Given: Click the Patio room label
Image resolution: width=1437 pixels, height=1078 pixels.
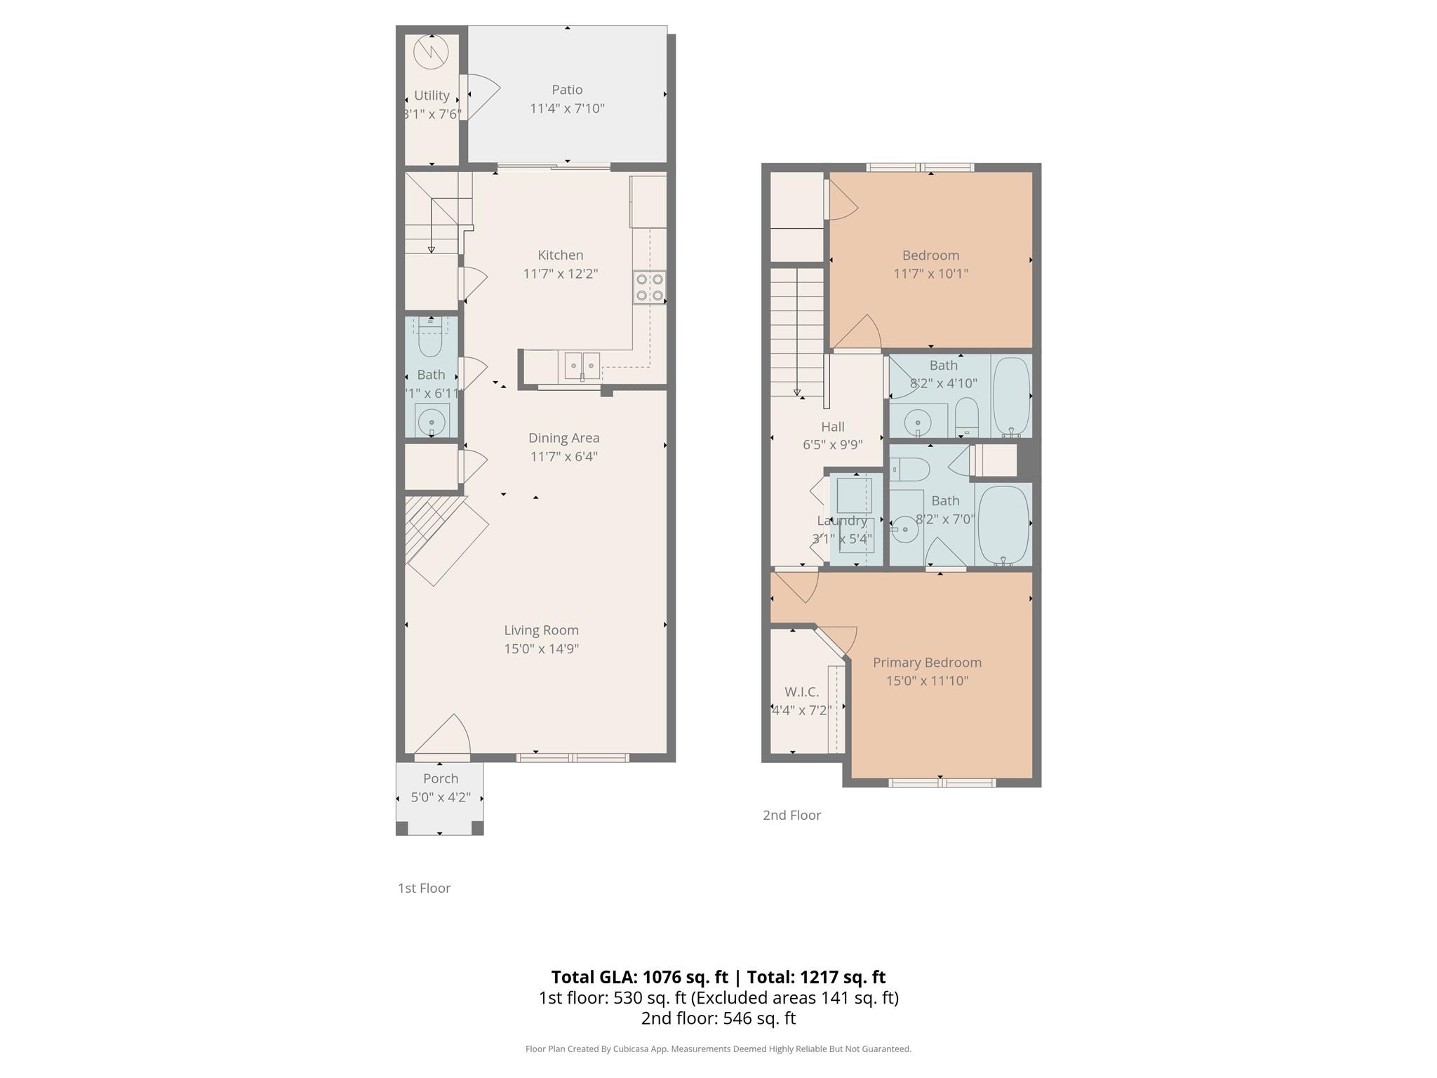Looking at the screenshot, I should [567, 90].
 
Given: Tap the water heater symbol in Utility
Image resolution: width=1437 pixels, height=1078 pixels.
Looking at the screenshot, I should [431, 52].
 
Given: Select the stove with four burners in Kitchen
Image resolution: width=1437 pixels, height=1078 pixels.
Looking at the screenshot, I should [649, 288].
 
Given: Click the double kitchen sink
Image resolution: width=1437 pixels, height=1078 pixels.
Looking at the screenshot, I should [582, 366].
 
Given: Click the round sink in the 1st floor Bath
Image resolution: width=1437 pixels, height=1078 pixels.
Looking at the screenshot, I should [432, 422].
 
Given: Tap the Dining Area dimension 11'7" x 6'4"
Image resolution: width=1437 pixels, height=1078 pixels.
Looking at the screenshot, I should [563, 457].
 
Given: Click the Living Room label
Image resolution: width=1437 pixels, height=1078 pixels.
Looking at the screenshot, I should [541, 630].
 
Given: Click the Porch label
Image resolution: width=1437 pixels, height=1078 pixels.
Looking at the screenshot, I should [441, 778].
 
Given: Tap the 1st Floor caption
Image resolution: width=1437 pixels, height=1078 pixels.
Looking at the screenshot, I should [424, 888].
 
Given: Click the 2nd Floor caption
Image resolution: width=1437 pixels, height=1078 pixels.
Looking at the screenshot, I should [791, 815].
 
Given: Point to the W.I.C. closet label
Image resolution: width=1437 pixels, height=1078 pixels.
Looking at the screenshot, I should [801, 692].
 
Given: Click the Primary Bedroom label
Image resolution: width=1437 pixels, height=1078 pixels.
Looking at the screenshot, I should [927, 663].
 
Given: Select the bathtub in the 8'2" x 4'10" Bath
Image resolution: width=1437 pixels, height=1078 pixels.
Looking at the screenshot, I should [1011, 397].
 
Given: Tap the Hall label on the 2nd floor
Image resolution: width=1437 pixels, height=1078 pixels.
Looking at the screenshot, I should [833, 427].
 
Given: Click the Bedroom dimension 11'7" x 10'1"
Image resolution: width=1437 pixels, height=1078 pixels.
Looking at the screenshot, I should [930, 274].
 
